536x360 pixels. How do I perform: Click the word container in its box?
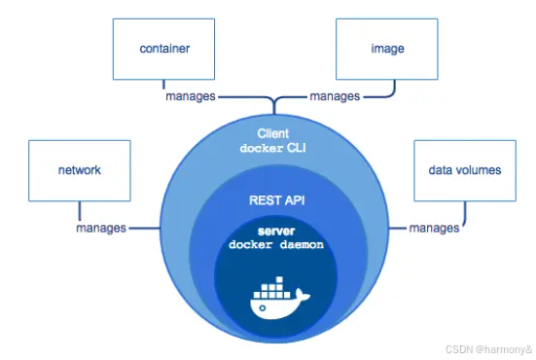click(164, 49)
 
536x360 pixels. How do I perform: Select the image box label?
click(387, 49)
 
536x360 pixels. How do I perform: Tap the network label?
click(80, 170)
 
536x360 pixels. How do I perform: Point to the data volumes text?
click(465, 170)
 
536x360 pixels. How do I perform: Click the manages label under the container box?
click(191, 96)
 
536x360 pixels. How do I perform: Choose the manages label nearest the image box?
click(335, 96)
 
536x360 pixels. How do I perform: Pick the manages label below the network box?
click(101, 228)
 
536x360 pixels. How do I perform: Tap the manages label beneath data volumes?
click(434, 228)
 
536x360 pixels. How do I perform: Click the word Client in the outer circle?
click(273, 133)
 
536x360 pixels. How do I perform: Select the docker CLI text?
click(272, 148)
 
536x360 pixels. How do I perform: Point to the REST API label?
click(277, 200)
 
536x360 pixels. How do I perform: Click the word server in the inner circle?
click(276, 232)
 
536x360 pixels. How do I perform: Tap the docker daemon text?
click(276, 245)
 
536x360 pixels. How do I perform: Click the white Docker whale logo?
click(278, 299)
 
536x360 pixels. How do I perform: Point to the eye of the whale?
click(263, 308)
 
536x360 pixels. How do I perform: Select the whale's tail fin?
click(303, 295)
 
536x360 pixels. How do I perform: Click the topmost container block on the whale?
click(279, 279)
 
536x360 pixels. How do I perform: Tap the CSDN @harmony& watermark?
click(489, 349)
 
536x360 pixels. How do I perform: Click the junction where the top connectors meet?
click(274, 99)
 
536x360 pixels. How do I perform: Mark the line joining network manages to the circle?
click(145, 228)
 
